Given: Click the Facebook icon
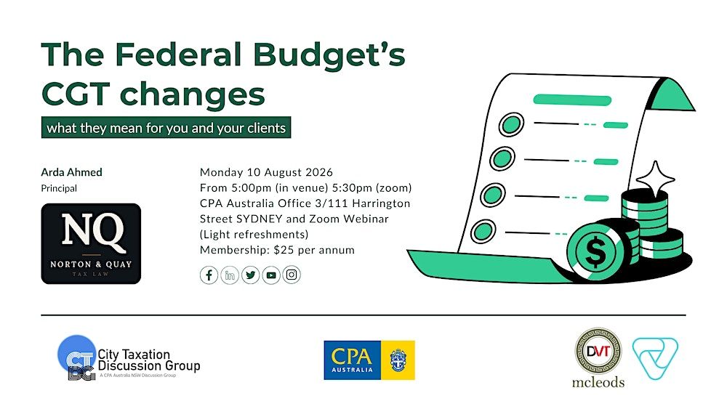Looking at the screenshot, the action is click(x=209, y=275).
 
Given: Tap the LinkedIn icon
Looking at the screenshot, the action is click(x=230, y=275).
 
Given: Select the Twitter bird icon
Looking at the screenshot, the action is click(x=250, y=275).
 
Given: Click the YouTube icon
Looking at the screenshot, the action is click(x=271, y=275).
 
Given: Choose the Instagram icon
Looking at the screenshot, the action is click(x=292, y=275).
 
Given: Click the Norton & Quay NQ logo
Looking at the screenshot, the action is click(x=91, y=243).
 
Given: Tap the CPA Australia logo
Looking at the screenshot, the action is click(x=369, y=360).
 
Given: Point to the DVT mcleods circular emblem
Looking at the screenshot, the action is click(x=598, y=351).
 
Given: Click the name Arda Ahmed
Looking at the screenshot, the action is click(x=71, y=172).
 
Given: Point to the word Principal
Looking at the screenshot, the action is click(x=59, y=189).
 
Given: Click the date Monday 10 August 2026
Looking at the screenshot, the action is click(x=266, y=172).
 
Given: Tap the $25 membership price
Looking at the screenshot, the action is click(x=284, y=250).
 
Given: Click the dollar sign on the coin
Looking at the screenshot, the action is click(x=595, y=252).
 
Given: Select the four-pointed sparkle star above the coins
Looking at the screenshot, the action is click(x=655, y=179).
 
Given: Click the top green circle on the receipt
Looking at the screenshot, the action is click(x=511, y=124).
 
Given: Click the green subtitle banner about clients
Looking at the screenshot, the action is click(x=166, y=127).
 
